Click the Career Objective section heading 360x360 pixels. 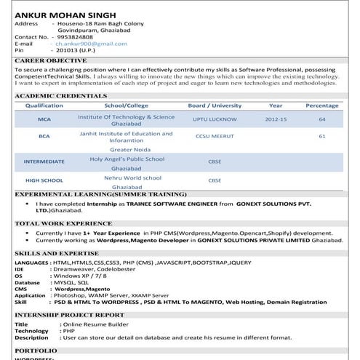(51, 60)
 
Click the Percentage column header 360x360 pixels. (321, 105)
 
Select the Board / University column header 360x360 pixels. (215, 105)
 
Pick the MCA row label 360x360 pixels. (44, 119)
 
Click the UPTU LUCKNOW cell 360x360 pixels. (215, 119)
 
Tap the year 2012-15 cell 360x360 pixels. (276, 119)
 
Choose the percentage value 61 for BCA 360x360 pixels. (321, 136)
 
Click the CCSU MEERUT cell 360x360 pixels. (215, 136)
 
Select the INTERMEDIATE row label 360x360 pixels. (44, 161)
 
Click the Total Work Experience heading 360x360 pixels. (63, 223)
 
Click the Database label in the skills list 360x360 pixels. (28, 282)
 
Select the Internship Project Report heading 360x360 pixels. (69, 315)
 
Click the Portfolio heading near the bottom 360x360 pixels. (36, 351)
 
